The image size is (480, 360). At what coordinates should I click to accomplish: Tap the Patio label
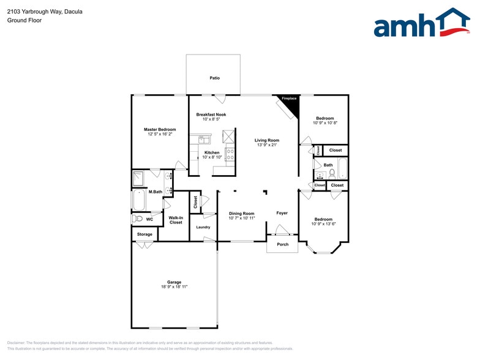click(214, 78)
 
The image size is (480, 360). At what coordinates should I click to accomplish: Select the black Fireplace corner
click(290, 104)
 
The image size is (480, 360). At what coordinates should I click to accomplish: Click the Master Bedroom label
click(160, 129)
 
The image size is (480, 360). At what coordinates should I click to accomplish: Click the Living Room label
click(267, 140)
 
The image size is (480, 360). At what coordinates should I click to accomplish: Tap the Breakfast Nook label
click(211, 114)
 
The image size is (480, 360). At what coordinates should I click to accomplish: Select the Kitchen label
click(212, 152)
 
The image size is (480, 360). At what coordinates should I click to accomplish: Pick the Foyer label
click(282, 213)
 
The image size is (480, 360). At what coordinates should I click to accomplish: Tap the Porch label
click(282, 244)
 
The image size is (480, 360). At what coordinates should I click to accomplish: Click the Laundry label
click(203, 227)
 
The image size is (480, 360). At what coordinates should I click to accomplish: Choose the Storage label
click(144, 234)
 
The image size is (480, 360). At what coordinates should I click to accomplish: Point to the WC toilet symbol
click(138, 219)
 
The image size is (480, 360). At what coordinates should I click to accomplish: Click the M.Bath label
click(155, 192)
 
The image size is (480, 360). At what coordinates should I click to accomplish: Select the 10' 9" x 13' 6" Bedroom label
click(323, 219)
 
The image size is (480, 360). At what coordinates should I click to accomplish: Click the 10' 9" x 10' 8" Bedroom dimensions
click(325, 123)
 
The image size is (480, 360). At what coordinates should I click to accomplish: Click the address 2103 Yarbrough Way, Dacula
click(45, 12)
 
